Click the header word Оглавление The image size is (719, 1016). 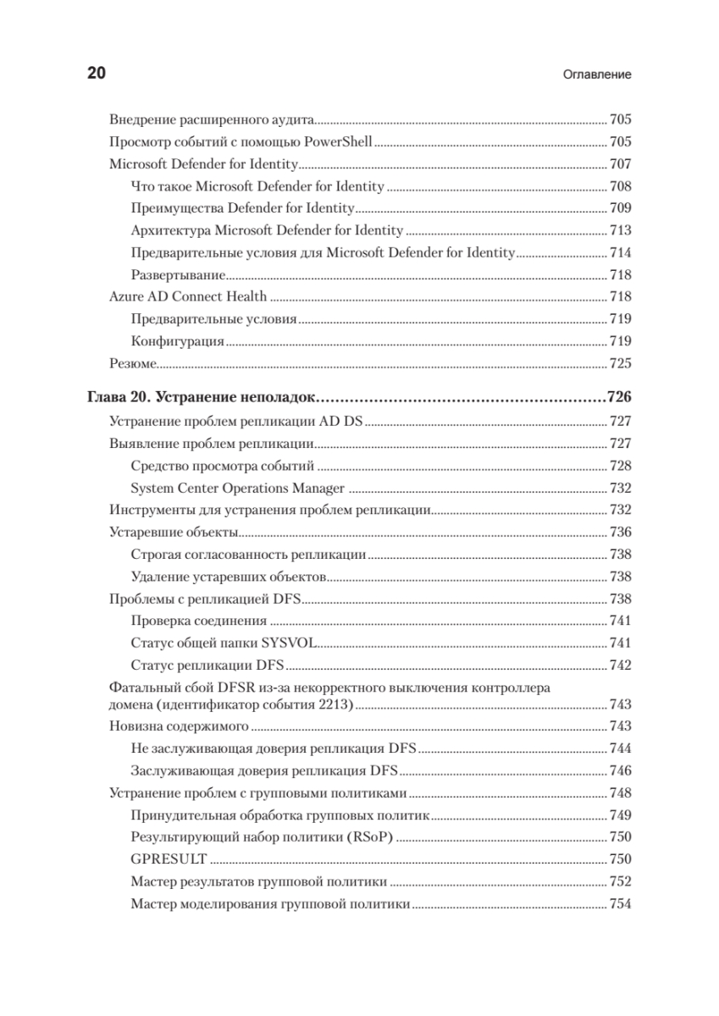(x=597, y=75)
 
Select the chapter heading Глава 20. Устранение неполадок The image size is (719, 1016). (x=202, y=397)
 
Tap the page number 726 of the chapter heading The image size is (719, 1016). (x=620, y=397)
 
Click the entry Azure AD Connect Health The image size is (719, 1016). (x=188, y=296)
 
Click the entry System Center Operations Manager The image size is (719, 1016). (x=238, y=488)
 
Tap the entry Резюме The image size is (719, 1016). (x=134, y=364)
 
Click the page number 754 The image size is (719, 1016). (x=621, y=904)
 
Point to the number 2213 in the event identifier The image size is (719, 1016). (x=337, y=704)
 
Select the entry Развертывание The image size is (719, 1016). (x=178, y=274)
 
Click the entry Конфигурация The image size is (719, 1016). (x=178, y=341)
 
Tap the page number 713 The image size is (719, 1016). (x=621, y=230)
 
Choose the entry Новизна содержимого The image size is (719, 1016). (x=179, y=726)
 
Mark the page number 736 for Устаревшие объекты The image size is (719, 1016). (x=621, y=532)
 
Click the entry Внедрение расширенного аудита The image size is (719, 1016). (x=213, y=120)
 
